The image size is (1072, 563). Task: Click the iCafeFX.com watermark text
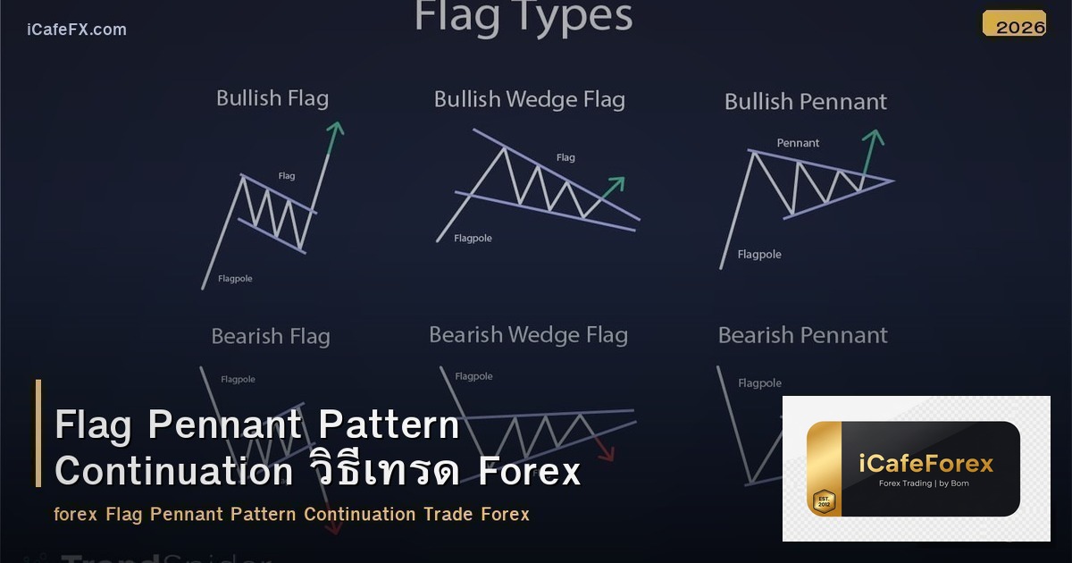[x=77, y=29]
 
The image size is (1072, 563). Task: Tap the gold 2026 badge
[x=1014, y=25]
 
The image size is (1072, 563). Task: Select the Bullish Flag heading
[x=272, y=98]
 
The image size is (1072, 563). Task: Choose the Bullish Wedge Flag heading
[x=529, y=99]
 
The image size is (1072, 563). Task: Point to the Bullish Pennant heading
[x=806, y=102]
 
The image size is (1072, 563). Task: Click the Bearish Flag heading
[x=271, y=337]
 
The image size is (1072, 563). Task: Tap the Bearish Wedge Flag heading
[x=528, y=335]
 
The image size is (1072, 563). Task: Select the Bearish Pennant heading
[x=803, y=336]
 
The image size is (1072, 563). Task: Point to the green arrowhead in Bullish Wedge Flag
[x=616, y=182]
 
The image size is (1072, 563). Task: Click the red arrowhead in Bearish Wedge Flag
[x=607, y=454]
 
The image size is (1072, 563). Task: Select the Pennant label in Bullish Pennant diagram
[x=798, y=143]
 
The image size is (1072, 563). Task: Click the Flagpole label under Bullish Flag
[x=235, y=279]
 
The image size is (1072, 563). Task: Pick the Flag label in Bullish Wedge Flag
[x=565, y=157]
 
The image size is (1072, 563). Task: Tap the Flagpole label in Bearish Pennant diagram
[x=759, y=383]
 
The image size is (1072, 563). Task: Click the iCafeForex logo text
[x=925, y=464]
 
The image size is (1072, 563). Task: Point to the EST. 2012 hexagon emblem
[x=823, y=501]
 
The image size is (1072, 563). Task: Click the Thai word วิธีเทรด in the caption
[x=386, y=472]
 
